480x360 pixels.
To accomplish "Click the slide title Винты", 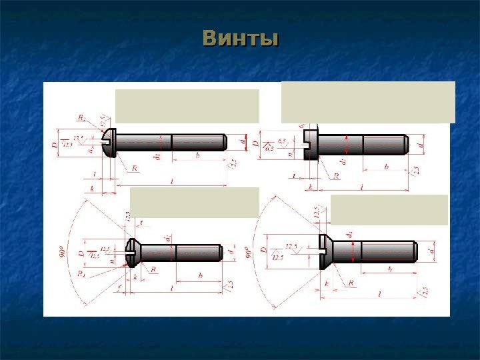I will pyautogui.click(x=240, y=39).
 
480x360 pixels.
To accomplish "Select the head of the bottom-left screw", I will pyautogui.click(x=131, y=253).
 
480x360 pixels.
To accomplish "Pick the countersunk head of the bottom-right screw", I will pyautogui.click(x=325, y=251).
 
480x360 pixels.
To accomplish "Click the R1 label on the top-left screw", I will pyautogui.click(x=81, y=118).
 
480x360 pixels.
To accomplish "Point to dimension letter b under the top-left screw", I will pyautogui.click(x=197, y=155).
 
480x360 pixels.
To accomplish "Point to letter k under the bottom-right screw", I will pyautogui.click(x=327, y=283).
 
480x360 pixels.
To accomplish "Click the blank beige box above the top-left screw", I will pyautogui.click(x=187, y=106).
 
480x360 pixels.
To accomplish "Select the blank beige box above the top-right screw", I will pyautogui.click(x=368, y=102).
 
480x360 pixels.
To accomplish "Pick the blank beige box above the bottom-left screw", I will pyautogui.click(x=194, y=202).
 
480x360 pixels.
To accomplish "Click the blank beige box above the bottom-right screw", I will pyautogui.click(x=389, y=210).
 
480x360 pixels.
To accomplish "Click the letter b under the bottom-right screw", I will pyautogui.click(x=389, y=270).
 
